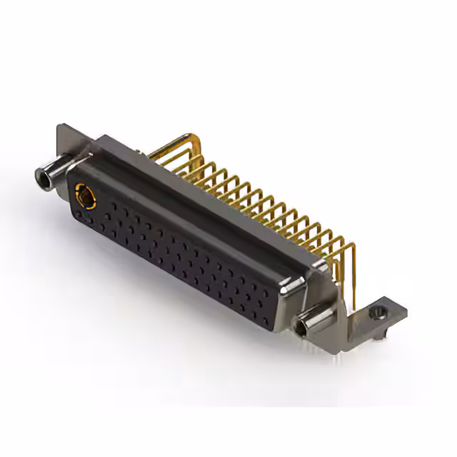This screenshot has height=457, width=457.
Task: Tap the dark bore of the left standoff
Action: (x=41, y=174)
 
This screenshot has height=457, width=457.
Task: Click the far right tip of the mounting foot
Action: (x=406, y=310)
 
